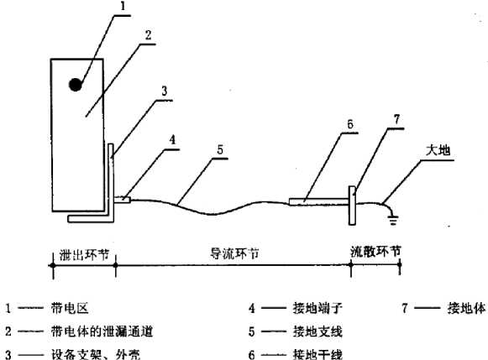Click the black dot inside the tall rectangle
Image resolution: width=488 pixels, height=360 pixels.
tap(76, 85)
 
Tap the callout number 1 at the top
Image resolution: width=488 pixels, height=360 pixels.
tap(123, 6)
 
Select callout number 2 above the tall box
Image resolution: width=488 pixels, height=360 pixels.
tap(148, 34)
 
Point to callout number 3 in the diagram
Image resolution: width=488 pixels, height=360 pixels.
tap(165, 91)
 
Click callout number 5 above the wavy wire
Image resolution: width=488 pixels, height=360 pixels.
tap(220, 150)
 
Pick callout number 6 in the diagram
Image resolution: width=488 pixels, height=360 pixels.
tap(350, 124)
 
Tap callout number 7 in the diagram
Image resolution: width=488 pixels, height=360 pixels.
tap(396, 119)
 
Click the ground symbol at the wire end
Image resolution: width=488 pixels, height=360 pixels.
tap(393, 220)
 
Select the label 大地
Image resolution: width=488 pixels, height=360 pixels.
tap(438, 150)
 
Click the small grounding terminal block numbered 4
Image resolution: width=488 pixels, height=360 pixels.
tap(123, 200)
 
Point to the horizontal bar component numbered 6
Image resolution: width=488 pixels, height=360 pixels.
tap(318, 201)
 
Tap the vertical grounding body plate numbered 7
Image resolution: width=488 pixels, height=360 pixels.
tap(352, 206)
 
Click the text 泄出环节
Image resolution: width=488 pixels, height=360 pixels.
tap(84, 254)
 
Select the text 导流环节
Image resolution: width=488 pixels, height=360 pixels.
tap(234, 253)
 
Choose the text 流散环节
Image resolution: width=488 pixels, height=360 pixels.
tap(375, 252)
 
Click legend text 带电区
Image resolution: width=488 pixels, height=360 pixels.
tap(70, 308)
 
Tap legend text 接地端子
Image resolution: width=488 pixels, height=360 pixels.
tap(317, 308)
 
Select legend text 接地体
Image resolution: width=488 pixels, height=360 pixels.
tap(466, 308)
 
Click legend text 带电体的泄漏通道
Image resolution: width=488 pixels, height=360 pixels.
tap(102, 331)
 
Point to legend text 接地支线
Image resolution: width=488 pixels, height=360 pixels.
tap(317, 331)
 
